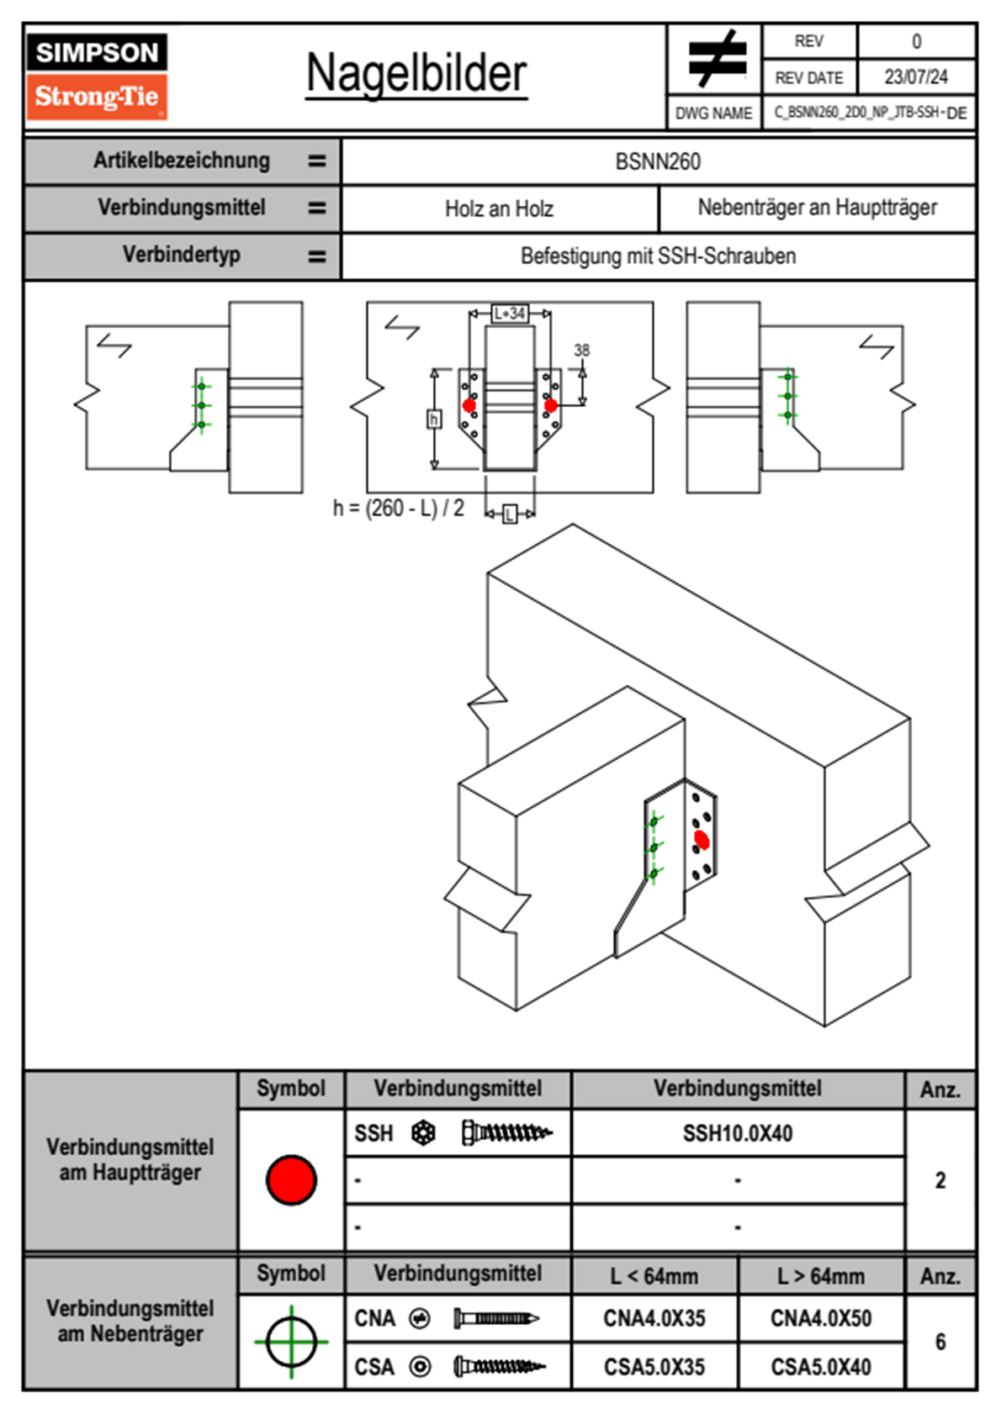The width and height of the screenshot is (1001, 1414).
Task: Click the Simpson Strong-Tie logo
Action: click(x=97, y=76)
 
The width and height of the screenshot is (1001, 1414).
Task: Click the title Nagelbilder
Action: click(x=416, y=74)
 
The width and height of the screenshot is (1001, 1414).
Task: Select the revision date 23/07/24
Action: click(x=915, y=77)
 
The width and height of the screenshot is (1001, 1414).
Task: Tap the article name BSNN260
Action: click(x=658, y=161)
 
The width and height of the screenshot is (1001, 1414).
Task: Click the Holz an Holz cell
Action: click(x=499, y=208)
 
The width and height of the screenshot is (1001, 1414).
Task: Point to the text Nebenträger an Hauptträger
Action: click(x=817, y=208)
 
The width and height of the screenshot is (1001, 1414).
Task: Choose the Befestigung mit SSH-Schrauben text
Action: click(x=658, y=256)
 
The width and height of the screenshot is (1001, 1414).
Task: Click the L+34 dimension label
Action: click(x=510, y=314)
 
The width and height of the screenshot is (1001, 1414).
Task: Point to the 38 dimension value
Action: click(x=582, y=350)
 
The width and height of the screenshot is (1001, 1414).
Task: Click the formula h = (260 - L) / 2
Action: click(x=399, y=508)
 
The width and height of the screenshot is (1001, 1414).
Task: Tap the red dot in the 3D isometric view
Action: click(x=702, y=840)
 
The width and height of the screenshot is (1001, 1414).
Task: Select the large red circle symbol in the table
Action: click(x=291, y=1179)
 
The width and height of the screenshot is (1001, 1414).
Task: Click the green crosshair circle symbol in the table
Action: click(x=291, y=1342)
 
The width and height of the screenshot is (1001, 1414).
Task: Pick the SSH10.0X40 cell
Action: click(x=738, y=1133)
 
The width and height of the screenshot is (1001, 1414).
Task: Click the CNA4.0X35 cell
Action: click(x=654, y=1318)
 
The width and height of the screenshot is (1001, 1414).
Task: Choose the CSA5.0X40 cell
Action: click(x=821, y=1367)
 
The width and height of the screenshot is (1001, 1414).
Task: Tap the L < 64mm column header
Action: click(x=654, y=1276)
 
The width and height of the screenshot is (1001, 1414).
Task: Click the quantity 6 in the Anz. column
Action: click(x=940, y=1342)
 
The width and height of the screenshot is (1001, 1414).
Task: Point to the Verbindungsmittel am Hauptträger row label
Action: click(x=130, y=1159)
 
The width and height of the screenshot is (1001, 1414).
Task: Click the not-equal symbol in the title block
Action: click(x=716, y=59)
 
